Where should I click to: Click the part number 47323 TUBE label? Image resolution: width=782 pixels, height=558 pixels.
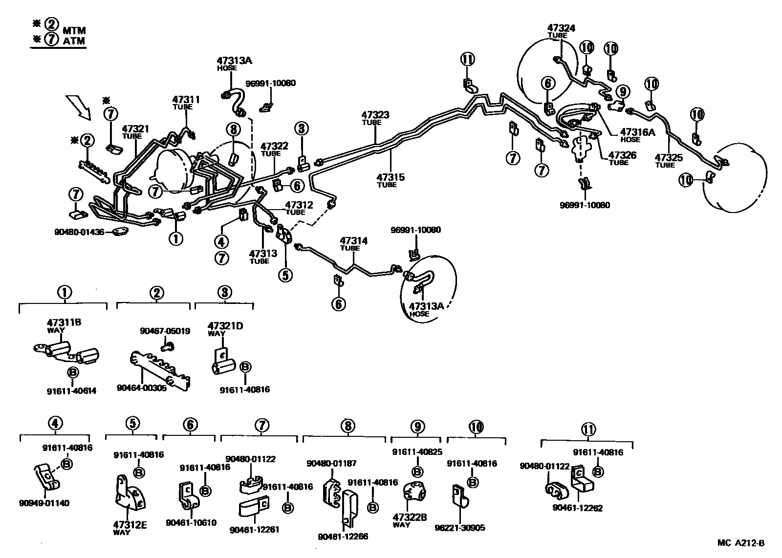click(375, 118)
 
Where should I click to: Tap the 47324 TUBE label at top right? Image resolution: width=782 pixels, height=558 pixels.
click(561, 31)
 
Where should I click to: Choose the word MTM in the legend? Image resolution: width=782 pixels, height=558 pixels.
click(74, 31)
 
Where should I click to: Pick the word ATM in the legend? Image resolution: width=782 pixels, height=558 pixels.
click(74, 41)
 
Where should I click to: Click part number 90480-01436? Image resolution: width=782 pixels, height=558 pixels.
click(79, 232)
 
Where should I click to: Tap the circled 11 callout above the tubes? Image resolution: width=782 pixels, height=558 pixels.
click(467, 60)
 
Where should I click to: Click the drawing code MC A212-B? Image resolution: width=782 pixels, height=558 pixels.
click(740, 543)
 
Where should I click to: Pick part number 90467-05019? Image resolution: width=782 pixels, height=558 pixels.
click(165, 331)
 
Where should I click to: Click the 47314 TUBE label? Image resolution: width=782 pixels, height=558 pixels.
click(353, 243)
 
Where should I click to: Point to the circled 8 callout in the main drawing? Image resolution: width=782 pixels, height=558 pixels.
click(234, 129)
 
